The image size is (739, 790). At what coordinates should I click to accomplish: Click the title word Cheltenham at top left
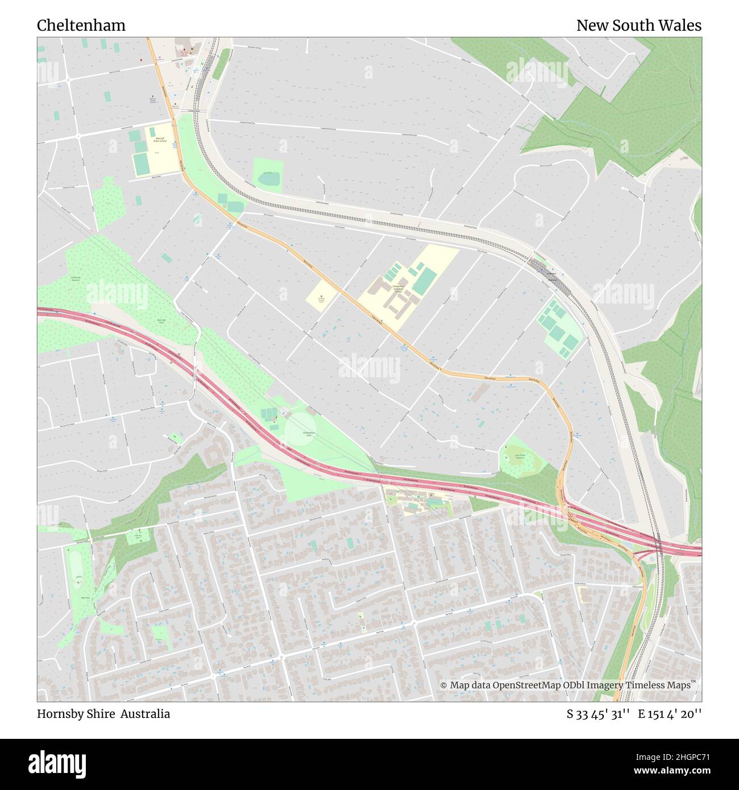81,26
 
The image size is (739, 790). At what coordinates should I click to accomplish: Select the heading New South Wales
638,26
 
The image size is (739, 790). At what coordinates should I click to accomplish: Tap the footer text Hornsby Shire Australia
103,714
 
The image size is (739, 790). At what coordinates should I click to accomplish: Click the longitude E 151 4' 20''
670,714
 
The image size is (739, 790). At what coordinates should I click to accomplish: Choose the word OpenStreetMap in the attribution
526,685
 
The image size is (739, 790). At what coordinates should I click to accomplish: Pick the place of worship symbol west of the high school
321,296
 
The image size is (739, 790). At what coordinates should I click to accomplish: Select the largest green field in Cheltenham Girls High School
424,282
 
